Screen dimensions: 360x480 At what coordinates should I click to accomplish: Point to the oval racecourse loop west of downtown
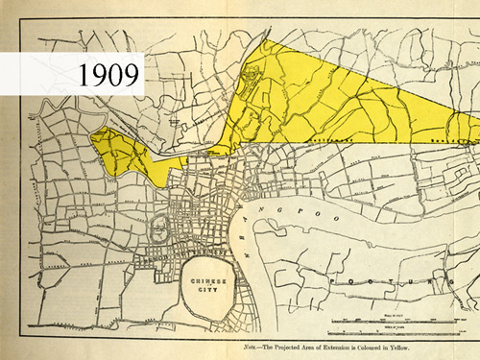pyautogui.click(x=157, y=228)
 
